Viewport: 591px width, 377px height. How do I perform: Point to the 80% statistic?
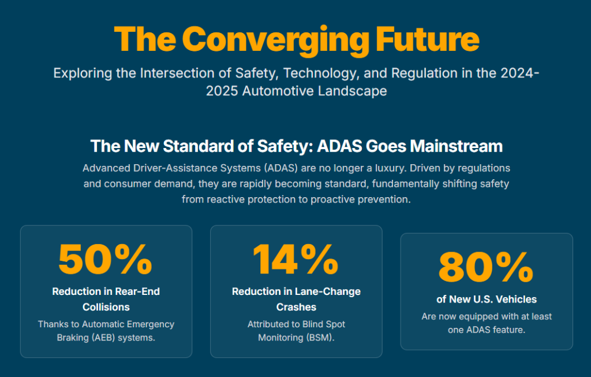(x=486, y=267)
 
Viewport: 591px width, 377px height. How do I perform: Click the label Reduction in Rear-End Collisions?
(x=106, y=299)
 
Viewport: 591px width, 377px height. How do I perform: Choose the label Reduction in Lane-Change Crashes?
(x=296, y=299)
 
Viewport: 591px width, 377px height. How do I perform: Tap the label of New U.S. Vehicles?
(x=487, y=299)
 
